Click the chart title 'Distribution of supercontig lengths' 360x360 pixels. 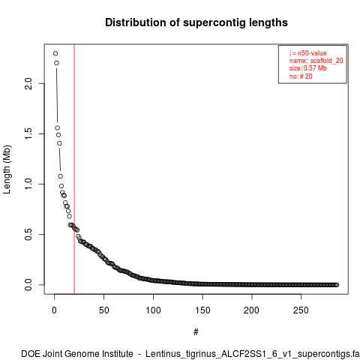pos(196,22)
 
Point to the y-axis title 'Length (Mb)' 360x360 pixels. pos(7,169)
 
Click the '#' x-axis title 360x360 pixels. pos(196,332)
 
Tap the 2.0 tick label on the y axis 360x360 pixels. pos(28,83)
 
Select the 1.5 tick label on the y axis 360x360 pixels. pos(28,133)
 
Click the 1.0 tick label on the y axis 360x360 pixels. pos(28,184)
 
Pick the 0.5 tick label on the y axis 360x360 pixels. pos(28,234)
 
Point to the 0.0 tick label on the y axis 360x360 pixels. pos(28,284)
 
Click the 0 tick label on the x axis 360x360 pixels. pos(54,310)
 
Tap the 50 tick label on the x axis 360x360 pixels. pos(103,310)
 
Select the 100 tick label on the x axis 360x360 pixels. pos(153,310)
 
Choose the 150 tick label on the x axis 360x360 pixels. pos(202,310)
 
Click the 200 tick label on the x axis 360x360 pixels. pos(252,310)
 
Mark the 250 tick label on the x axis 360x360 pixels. pos(301,310)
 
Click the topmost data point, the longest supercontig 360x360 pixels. pos(55,53)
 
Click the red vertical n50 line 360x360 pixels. pos(74,169)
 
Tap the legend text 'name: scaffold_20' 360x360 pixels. pos(316,61)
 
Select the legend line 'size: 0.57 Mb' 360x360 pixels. pos(308,68)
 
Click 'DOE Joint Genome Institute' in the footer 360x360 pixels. pos(77,354)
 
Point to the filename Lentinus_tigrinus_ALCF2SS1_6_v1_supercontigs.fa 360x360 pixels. pos(252,354)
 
